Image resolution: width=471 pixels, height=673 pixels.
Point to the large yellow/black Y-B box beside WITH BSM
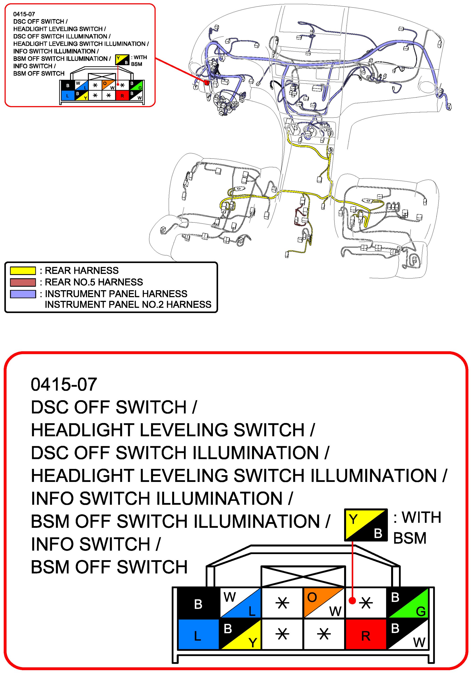point(366,525)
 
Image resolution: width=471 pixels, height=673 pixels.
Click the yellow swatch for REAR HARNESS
point(23,270)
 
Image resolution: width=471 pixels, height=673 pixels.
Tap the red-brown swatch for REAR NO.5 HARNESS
point(23,282)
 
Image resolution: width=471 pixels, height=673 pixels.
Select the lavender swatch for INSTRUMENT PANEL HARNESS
point(23,294)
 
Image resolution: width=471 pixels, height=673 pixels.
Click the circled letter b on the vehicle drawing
point(331,150)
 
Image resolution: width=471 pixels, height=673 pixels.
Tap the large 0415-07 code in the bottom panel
point(64,384)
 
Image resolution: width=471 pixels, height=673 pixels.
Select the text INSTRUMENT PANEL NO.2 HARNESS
point(128,305)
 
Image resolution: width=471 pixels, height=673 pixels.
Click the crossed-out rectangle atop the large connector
point(303,577)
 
